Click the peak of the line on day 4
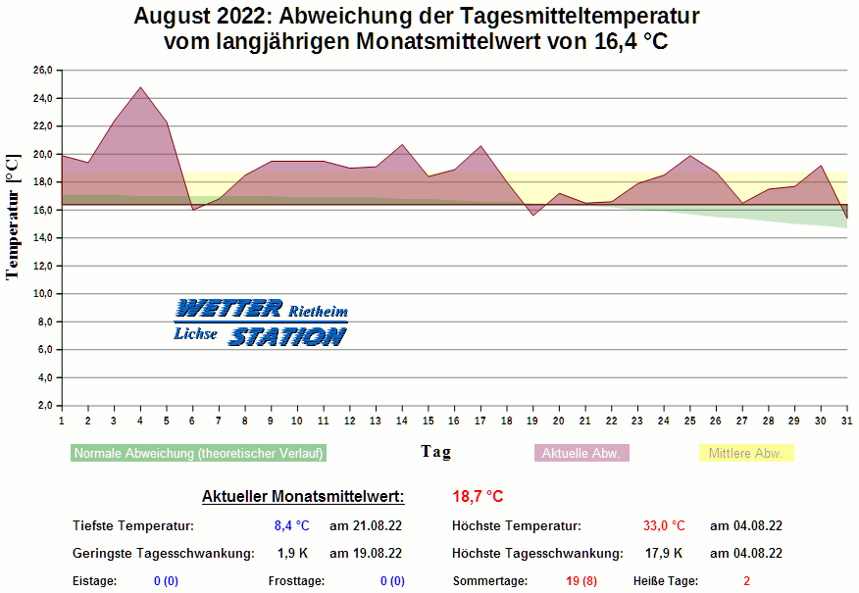(140, 87)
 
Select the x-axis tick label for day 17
(480, 420)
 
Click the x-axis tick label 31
(847, 420)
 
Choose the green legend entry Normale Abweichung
(199, 454)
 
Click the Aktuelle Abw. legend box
(581, 454)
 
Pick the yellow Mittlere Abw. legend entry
(746, 454)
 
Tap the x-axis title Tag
(436, 451)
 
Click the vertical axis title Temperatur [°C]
(13, 217)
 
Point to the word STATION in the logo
(287, 336)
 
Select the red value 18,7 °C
(478, 497)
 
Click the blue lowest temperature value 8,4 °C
(291, 526)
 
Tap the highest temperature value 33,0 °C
(664, 526)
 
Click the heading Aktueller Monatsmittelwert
(303, 497)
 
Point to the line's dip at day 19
(532, 215)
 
